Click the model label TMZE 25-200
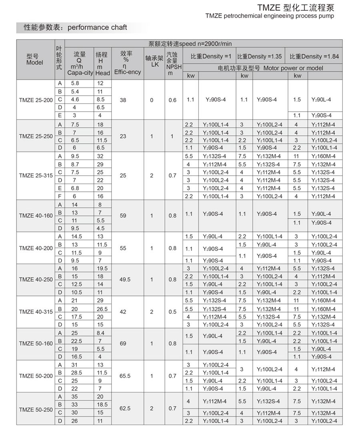[35, 100]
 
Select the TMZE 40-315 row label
[35, 312]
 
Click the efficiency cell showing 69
[123, 344]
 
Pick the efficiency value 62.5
[125, 409]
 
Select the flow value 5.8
[75, 83]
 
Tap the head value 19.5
[103, 268]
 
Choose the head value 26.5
[103, 309]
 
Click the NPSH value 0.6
[172, 100]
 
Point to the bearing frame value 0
[152, 100]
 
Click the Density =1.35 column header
[260, 56]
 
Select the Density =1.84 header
[314, 56]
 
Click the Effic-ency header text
[128, 72]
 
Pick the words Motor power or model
[293, 68]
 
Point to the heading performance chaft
[97, 27]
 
